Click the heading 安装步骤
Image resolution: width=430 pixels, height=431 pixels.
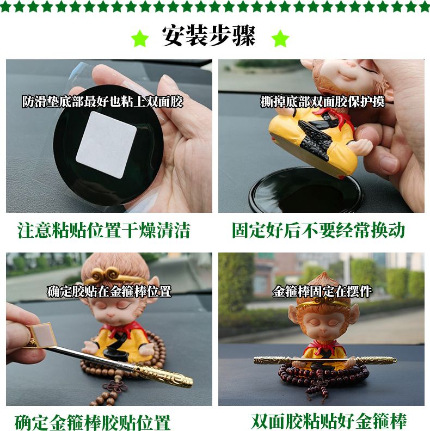coord(208,36)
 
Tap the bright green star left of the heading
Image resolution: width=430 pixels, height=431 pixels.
coord(140,38)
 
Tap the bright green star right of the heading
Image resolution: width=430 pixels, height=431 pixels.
coord(280,38)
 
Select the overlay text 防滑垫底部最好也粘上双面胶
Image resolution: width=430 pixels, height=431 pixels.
coord(102,101)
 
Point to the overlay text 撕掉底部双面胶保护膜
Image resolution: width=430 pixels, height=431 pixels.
coord(322,101)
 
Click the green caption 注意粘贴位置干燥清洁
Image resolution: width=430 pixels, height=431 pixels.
coord(104,230)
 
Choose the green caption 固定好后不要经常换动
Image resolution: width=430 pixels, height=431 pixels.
coord(318,230)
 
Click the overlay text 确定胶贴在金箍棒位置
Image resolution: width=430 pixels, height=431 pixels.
coord(109,291)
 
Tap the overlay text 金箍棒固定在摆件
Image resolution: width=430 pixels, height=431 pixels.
coord(322,291)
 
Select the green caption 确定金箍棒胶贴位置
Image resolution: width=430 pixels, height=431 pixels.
coord(93,422)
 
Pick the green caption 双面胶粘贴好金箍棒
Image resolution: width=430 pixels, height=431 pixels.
coord(329,421)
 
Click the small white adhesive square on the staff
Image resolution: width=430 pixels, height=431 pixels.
coord(44,334)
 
